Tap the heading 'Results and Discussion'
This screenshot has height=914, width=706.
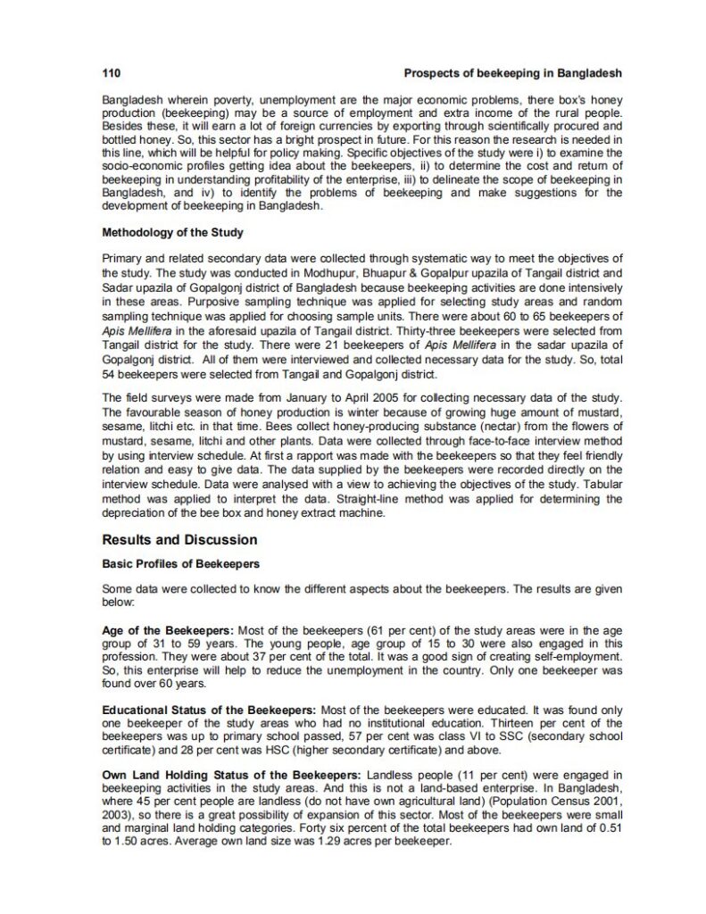click(179, 540)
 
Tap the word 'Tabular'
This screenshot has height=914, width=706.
click(601, 482)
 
